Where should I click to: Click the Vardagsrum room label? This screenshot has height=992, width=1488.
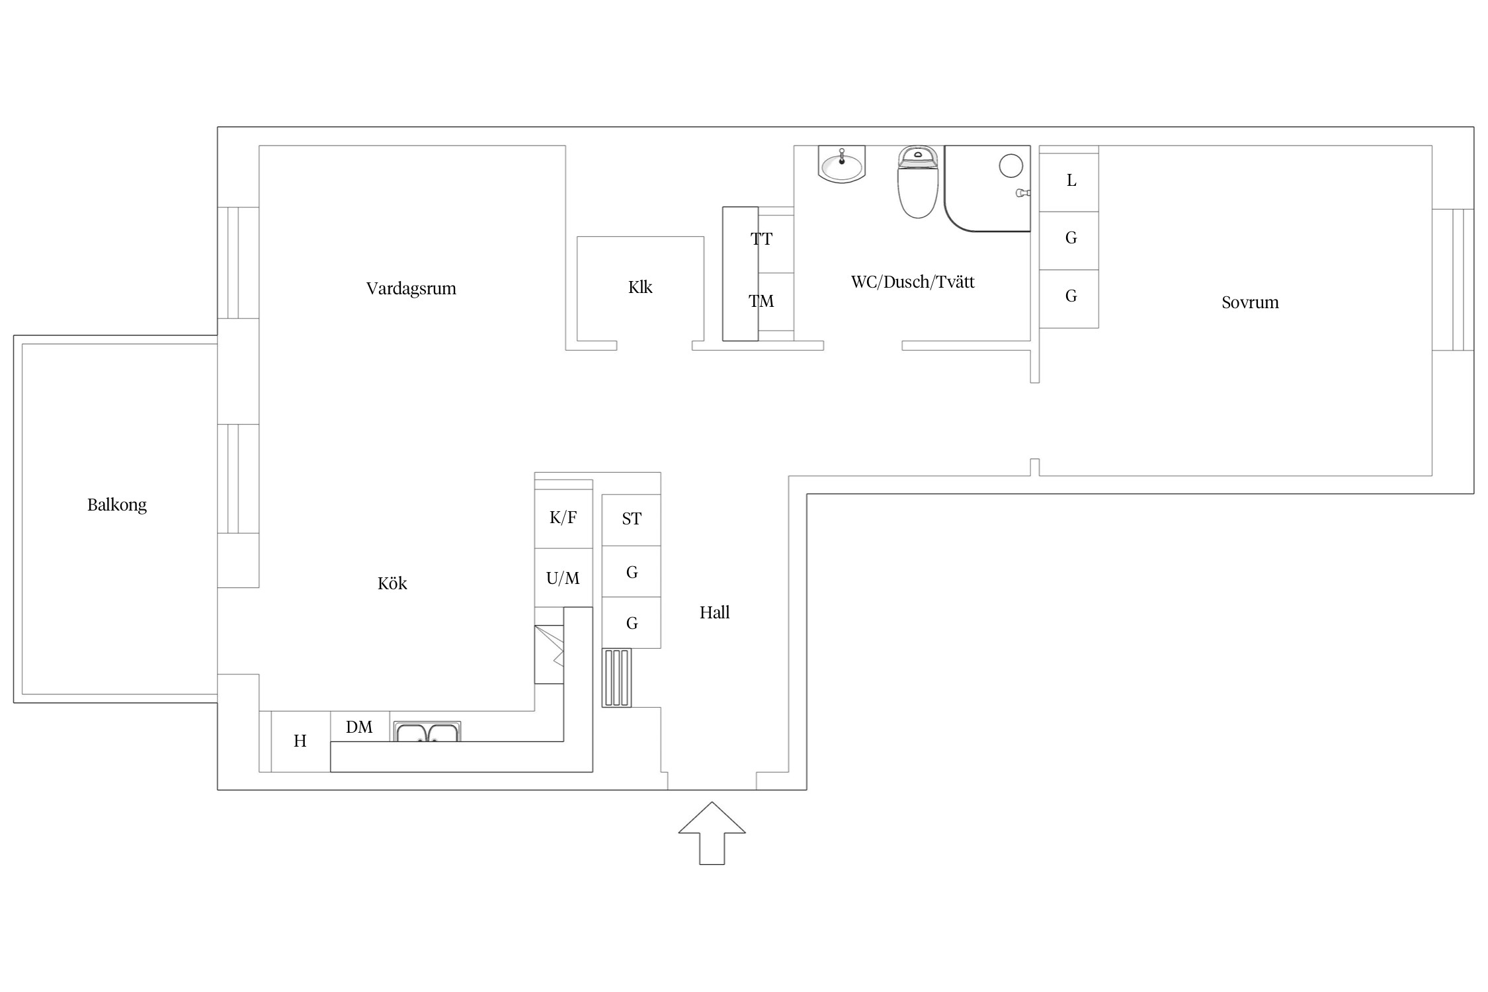point(411,288)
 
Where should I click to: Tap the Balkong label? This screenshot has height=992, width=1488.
point(117,505)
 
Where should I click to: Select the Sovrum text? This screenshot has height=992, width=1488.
point(1250,302)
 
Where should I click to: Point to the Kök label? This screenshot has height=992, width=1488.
point(392,583)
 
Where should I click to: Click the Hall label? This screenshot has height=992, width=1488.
point(714,612)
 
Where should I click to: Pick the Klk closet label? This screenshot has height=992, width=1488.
point(640,287)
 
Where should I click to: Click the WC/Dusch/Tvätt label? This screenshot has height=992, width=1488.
point(913,282)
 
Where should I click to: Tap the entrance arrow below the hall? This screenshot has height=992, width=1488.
point(712,833)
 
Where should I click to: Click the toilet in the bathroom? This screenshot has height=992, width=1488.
point(918,182)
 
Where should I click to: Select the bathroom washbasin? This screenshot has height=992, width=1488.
point(841,164)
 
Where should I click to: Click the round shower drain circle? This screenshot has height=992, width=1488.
point(1011,165)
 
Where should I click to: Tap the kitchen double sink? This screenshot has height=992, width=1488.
point(427,731)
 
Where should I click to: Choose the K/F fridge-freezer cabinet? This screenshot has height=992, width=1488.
point(563,518)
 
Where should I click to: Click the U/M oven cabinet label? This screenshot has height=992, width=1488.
point(563,579)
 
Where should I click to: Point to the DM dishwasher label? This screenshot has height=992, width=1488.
point(359,727)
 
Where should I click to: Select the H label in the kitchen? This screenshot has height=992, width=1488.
point(300,741)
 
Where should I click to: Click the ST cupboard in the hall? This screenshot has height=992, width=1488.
point(632,520)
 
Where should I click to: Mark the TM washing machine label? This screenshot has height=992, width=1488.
point(761,302)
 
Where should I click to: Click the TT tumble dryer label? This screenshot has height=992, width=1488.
point(761,239)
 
